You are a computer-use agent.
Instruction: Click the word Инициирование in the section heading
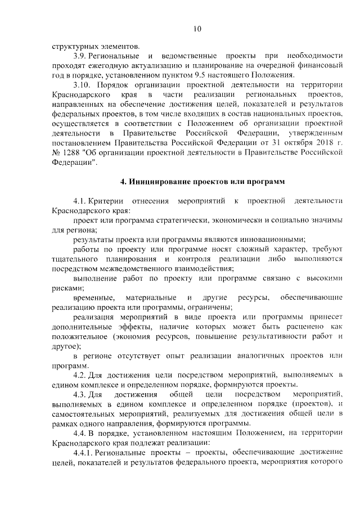163,183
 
